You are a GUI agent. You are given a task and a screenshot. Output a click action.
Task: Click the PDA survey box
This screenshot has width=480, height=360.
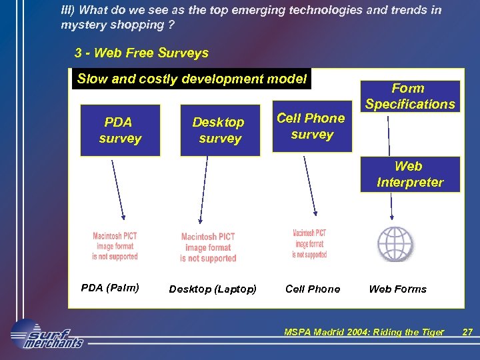[120, 130]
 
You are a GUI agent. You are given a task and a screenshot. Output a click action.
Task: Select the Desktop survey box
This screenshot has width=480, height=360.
[219, 131]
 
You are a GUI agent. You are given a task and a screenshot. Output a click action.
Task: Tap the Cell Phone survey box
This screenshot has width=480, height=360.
[311, 127]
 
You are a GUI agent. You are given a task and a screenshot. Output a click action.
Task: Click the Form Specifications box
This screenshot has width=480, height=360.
[410, 96]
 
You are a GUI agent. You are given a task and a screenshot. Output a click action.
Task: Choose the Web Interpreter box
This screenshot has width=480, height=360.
[410, 174]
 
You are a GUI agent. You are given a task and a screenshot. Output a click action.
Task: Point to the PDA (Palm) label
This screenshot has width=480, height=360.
[110, 288]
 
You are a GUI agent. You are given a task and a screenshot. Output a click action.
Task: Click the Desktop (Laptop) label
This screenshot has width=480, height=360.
[213, 289]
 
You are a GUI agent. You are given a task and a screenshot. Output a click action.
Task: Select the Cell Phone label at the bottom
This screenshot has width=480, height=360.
[313, 289]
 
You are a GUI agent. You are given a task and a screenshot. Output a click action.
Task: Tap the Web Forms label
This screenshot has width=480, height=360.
[397, 289]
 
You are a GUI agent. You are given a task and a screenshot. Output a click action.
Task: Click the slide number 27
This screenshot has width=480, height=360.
[467, 332]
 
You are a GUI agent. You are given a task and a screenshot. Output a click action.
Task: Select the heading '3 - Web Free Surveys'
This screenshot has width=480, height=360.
[141, 53]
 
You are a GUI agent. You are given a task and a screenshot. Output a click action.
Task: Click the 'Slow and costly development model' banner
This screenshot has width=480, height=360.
[191, 79]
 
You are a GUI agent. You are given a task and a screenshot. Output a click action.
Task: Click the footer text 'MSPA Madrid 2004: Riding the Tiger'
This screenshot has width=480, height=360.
[363, 332]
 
